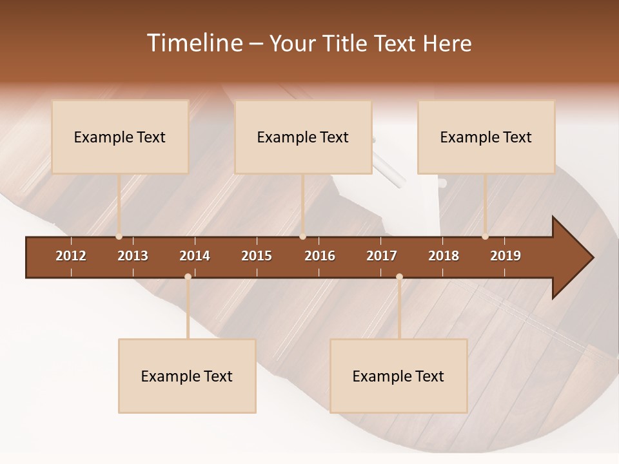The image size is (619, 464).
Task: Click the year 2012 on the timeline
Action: click(x=71, y=256)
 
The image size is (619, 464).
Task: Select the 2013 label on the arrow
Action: click(x=133, y=256)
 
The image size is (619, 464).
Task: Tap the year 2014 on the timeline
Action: click(x=195, y=256)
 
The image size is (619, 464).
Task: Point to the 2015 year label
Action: click(x=257, y=256)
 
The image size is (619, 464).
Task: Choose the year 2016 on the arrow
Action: click(x=320, y=256)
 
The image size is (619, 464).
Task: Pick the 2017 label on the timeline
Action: click(x=382, y=256)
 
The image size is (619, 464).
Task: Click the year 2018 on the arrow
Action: click(x=444, y=256)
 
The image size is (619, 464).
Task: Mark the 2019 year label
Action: click(x=506, y=256)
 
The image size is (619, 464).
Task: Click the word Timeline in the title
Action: click(x=194, y=43)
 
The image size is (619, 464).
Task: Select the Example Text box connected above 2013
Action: click(x=120, y=137)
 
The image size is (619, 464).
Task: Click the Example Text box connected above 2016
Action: click(x=303, y=137)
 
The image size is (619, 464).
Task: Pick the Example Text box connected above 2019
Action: click(x=486, y=137)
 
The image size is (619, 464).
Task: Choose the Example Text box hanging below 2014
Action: click(x=187, y=376)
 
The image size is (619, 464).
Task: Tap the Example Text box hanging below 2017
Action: click(x=398, y=376)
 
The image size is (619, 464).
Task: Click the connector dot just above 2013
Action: click(x=119, y=237)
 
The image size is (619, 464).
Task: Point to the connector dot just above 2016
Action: click(x=303, y=237)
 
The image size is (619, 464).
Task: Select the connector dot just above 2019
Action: click(x=486, y=237)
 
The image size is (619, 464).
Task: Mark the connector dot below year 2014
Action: click(x=188, y=276)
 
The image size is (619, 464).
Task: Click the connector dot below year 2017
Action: click(x=399, y=276)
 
